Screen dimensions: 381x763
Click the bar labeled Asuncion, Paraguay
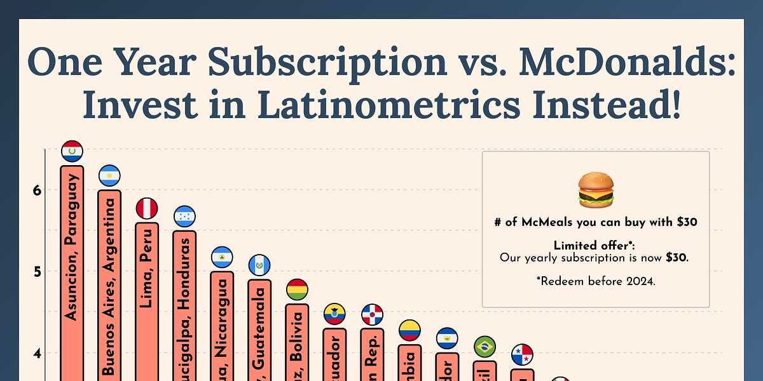click(72, 273)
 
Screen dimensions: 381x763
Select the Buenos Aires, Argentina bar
click(109, 286)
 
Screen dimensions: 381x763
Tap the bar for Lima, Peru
click(147, 298)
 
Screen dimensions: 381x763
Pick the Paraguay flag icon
click(72, 151)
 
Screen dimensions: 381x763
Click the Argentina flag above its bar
click(109, 175)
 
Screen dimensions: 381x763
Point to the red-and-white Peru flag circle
click(147, 208)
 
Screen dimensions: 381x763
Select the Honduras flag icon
click(184, 217)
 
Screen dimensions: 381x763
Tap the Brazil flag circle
click(485, 347)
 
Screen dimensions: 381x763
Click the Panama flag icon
click(522, 355)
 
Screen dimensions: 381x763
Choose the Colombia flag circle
click(409, 330)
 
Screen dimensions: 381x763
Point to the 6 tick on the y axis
click(36, 190)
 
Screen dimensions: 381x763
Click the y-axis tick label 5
click(36, 272)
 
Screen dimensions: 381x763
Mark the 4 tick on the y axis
click(36, 353)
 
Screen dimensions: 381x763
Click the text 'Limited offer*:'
click(595, 246)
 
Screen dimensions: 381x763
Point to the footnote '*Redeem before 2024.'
click(595, 281)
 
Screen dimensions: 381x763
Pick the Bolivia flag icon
click(297, 290)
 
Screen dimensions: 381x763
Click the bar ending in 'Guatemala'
click(259, 330)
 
